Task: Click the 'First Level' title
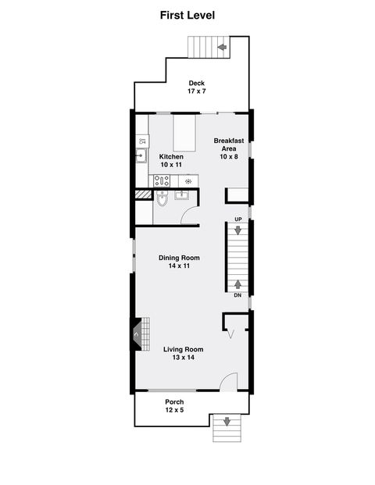click(x=187, y=15)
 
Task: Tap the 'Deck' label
click(x=195, y=83)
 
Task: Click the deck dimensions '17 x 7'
click(x=195, y=92)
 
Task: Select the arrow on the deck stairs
click(x=222, y=48)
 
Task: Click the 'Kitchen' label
click(x=171, y=156)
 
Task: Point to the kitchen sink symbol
click(x=141, y=155)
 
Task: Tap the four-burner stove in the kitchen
click(x=162, y=180)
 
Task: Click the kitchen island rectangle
click(x=184, y=134)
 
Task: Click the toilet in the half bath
click(x=162, y=201)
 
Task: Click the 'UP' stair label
click(x=237, y=219)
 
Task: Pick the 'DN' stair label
click(x=237, y=295)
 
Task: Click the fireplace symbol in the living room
click(x=139, y=334)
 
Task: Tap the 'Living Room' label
click(x=184, y=348)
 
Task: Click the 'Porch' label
click(x=173, y=401)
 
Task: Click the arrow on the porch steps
click(x=227, y=422)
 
